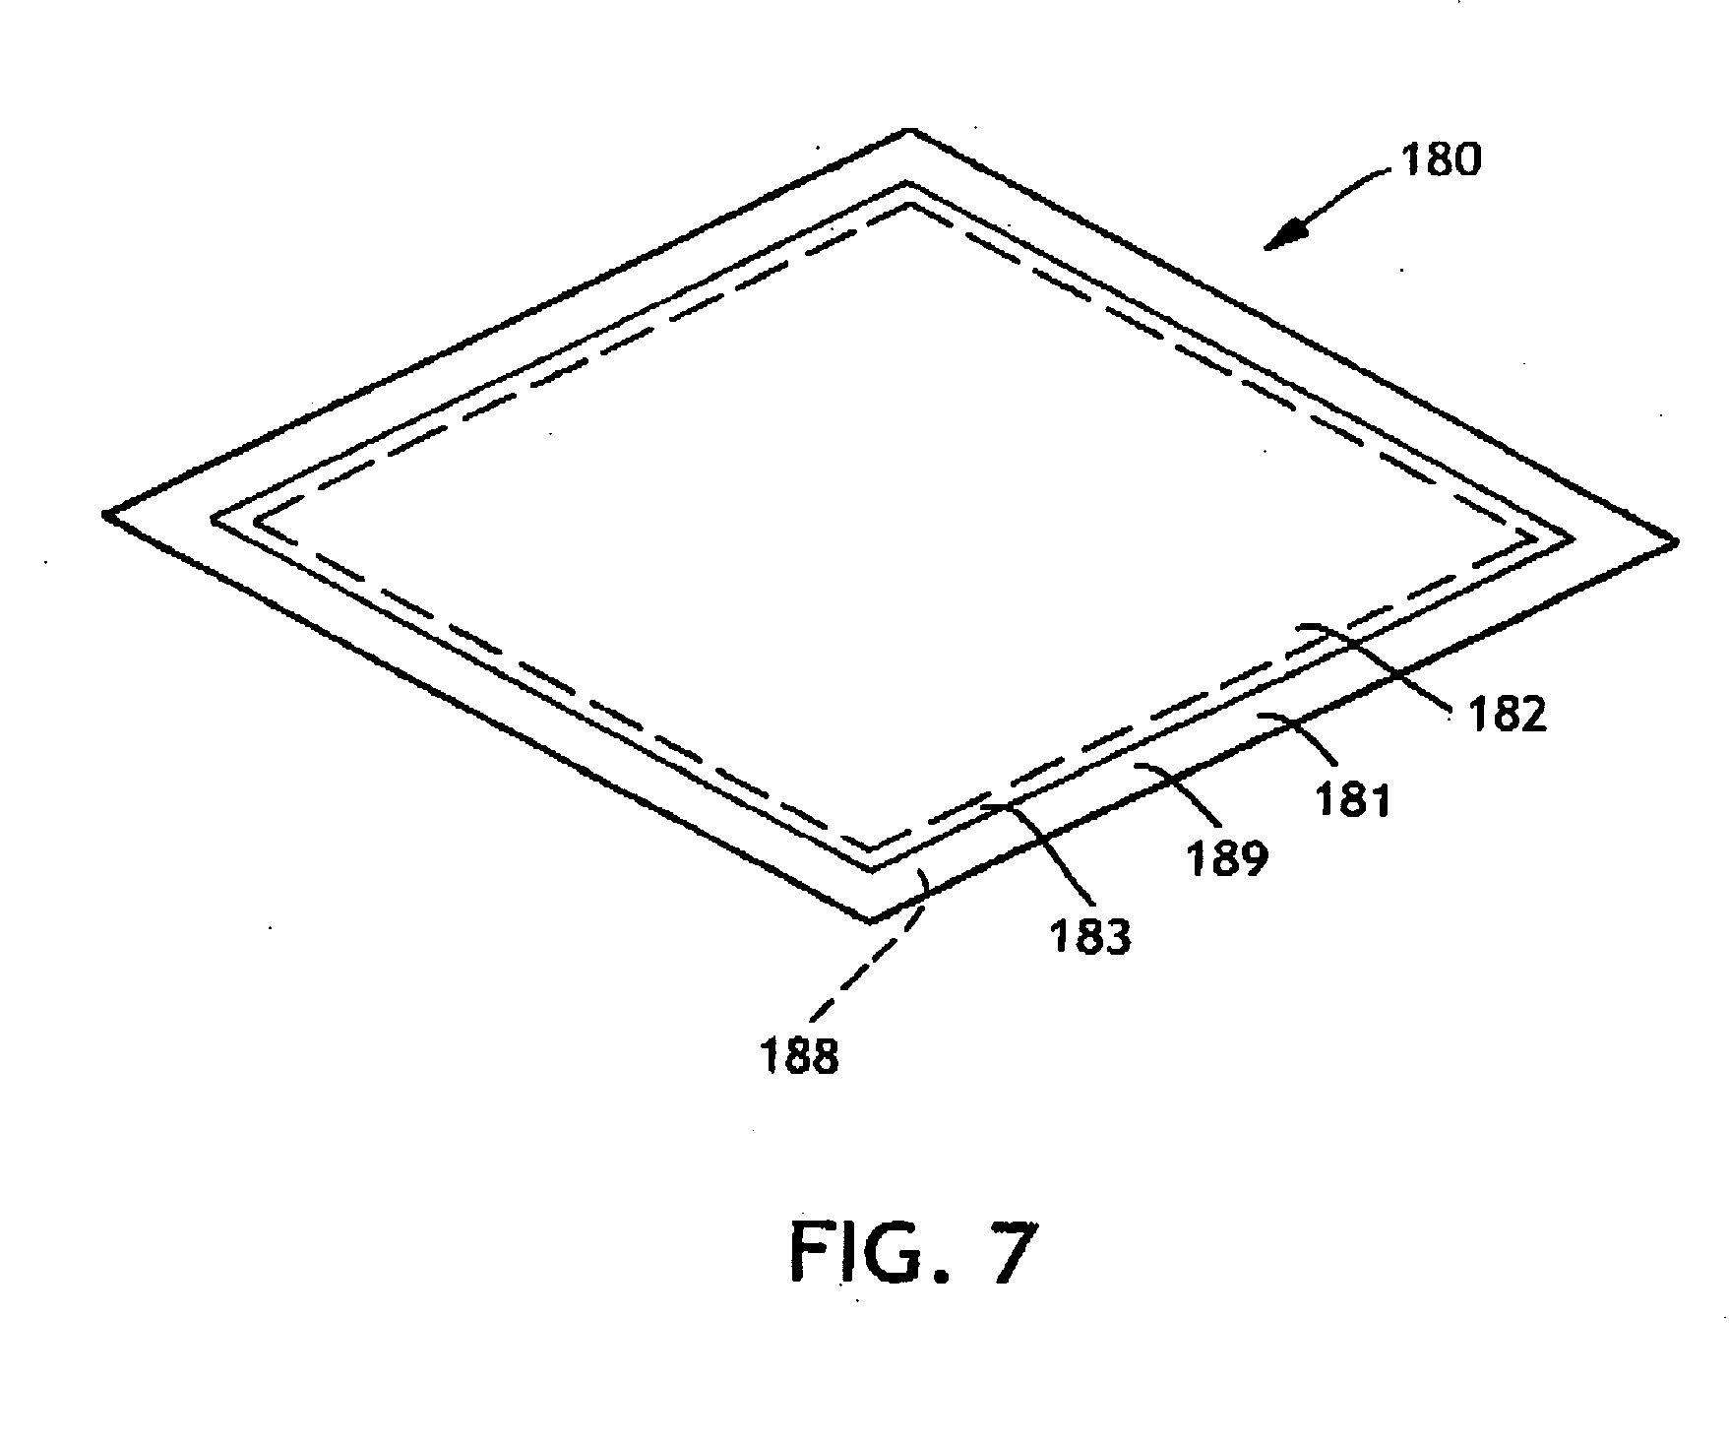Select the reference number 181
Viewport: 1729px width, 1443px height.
tap(1354, 798)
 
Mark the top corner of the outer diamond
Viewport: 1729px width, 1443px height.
tap(911, 131)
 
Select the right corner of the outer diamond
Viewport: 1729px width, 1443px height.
tap(1673, 540)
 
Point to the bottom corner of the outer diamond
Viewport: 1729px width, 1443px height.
tap(872, 920)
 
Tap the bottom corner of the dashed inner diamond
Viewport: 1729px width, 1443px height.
tap(872, 848)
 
